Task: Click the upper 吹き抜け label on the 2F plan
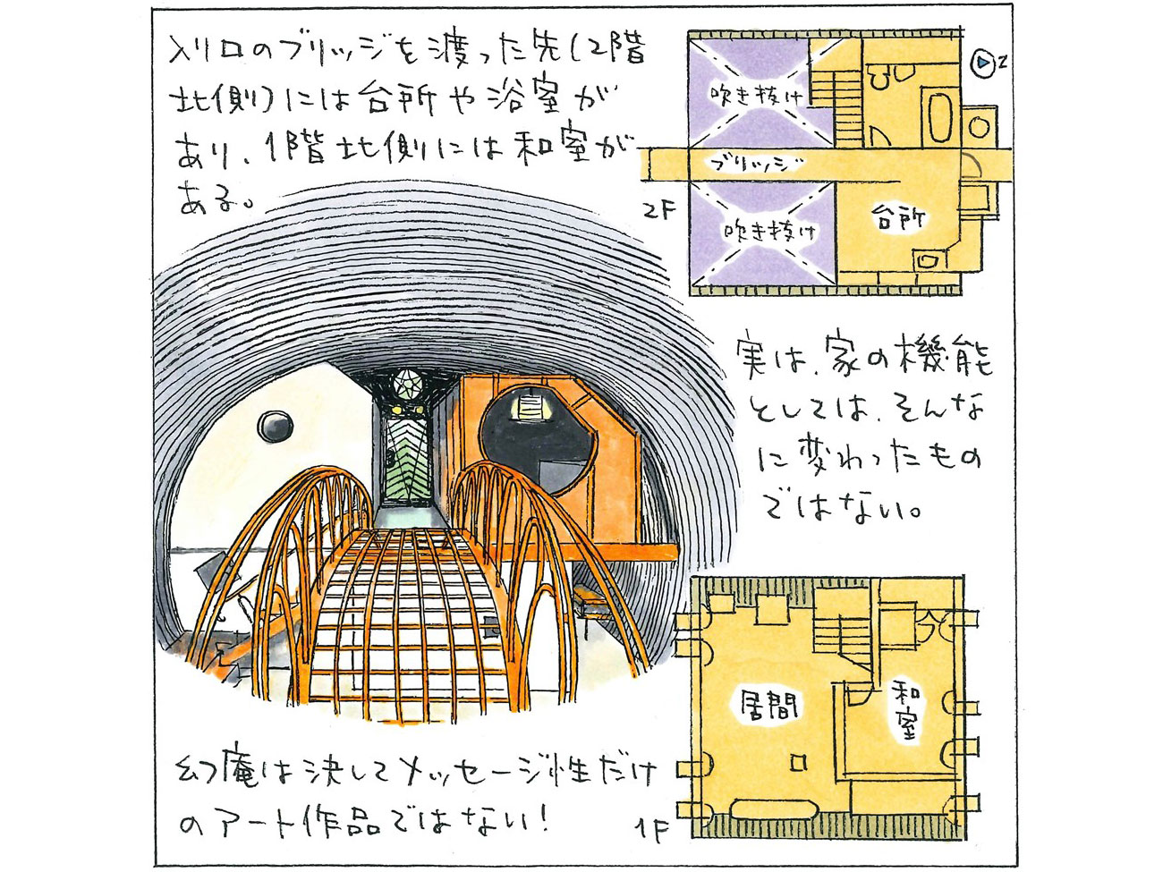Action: pyautogui.click(x=757, y=95)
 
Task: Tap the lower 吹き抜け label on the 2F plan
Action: pyautogui.click(x=769, y=231)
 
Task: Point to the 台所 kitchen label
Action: pyautogui.click(x=897, y=217)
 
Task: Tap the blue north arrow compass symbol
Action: pyautogui.click(x=984, y=63)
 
